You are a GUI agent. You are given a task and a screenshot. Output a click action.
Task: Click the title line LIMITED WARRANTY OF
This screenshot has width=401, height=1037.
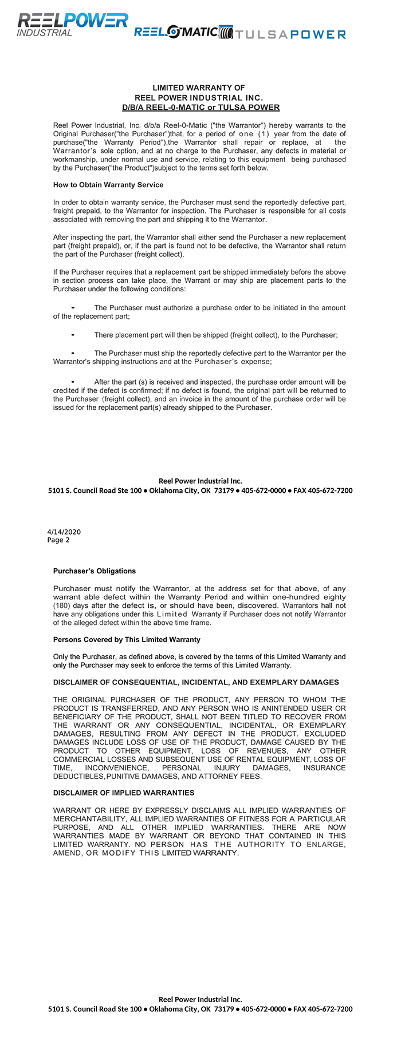click(x=199, y=88)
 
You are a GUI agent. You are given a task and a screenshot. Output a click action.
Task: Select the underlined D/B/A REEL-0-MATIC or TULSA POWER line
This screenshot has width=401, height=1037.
click(x=200, y=108)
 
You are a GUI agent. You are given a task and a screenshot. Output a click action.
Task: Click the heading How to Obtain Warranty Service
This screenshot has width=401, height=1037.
click(x=108, y=185)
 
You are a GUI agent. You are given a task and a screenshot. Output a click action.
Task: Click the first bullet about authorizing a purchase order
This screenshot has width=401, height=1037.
click(x=73, y=308)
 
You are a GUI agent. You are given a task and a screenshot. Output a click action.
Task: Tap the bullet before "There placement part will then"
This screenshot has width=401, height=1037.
click(x=73, y=335)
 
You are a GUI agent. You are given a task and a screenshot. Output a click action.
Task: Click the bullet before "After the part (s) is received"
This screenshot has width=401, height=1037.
click(x=73, y=382)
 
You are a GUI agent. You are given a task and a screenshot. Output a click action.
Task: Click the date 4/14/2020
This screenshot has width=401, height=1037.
click(x=64, y=532)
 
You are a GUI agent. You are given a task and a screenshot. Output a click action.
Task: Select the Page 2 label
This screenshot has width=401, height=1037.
click(x=58, y=540)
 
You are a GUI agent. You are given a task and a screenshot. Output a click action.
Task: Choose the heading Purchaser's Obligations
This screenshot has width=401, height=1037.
click(x=95, y=571)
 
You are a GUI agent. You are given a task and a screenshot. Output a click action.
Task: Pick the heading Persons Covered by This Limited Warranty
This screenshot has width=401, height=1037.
click(x=127, y=640)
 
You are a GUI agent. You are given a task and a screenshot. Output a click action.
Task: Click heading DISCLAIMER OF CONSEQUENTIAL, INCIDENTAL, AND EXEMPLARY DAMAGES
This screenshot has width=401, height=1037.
click(x=196, y=683)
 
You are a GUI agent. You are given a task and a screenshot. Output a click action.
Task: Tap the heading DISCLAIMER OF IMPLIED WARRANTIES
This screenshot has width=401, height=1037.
click(x=124, y=793)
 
